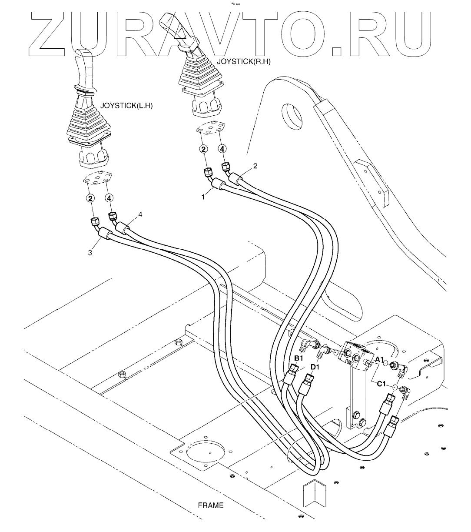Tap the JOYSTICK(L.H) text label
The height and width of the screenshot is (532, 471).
126,106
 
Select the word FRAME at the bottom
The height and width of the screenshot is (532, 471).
211,505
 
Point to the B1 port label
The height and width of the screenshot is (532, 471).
299,358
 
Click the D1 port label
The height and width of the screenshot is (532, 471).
315,367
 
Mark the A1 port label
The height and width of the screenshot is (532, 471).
379,359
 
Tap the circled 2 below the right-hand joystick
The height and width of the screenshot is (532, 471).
203,149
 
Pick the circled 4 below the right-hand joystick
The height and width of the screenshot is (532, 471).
222,149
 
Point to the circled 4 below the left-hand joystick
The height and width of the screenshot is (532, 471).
109,198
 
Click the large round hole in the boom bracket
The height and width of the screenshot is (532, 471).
293,114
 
